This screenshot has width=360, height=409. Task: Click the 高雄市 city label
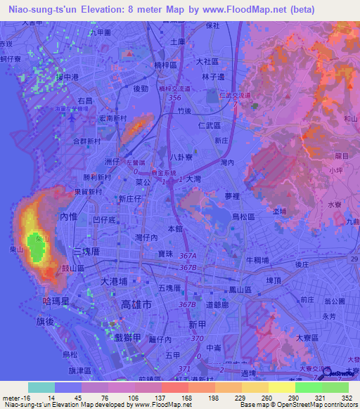tap(136, 305)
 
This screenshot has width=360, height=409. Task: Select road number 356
tap(176, 99)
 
